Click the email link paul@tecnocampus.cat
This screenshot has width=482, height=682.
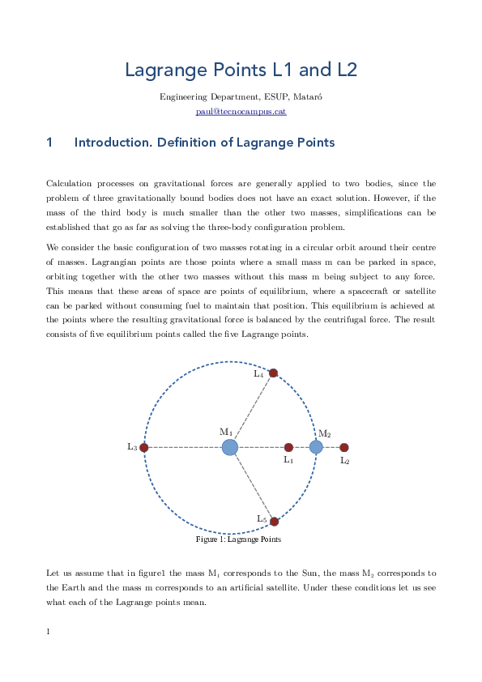click(241, 111)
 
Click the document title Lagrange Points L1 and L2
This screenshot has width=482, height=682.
click(241, 70)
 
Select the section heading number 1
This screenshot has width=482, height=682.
click(50, 143)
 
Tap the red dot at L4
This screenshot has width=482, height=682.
click(273, 373)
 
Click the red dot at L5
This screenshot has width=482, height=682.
click(274, 522)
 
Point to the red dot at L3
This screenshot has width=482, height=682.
click(143, 447)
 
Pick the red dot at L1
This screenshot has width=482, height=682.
click(288, 447)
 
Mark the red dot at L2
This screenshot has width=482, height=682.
click(343, 447)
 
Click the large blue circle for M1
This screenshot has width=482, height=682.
click(230, 447)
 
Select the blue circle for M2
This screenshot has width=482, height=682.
click(316, 447)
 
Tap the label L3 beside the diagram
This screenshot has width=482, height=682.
click(132, 447)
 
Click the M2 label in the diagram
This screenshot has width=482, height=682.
click(324, 434)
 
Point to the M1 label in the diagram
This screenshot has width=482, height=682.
click(226, 433)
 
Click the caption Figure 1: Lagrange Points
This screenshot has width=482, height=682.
click(238, 539)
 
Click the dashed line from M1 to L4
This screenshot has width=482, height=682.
click(252, 410)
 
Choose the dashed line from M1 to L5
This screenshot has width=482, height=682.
click(252, 484)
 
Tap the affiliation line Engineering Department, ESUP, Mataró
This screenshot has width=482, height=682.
click(241, 97)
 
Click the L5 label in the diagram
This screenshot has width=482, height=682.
click(262, 518)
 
